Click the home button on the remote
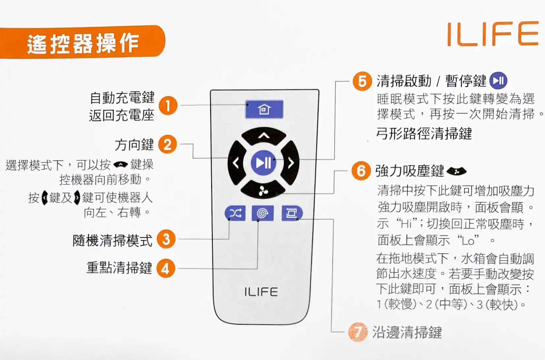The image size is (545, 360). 264,109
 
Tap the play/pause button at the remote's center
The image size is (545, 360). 263,163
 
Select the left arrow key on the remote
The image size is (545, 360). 236,163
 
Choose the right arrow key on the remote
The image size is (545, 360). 291,163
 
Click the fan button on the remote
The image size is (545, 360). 263,190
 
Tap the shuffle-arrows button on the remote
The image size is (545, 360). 235,213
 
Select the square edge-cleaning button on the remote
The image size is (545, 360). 291,213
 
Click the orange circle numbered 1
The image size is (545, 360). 168,106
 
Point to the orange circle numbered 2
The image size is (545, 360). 168,144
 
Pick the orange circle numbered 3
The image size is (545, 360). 166,239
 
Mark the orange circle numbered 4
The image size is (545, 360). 165,268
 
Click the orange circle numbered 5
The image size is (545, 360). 362,81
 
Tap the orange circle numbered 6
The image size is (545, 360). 361,171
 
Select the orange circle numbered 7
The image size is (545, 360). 358,332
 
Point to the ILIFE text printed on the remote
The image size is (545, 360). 261,292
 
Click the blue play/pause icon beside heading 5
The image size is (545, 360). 498,81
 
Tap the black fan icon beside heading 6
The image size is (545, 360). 456,171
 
